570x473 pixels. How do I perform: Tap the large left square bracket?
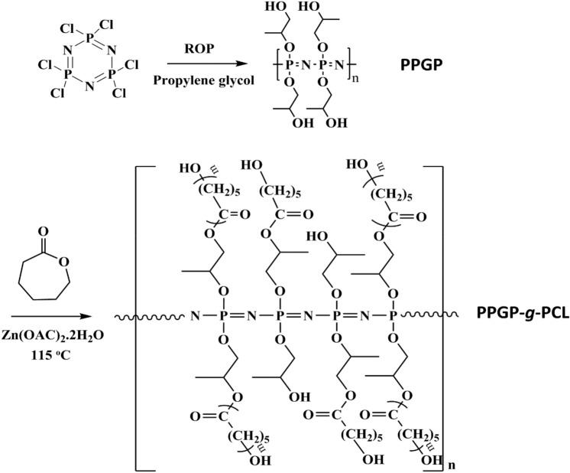(138, 314)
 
